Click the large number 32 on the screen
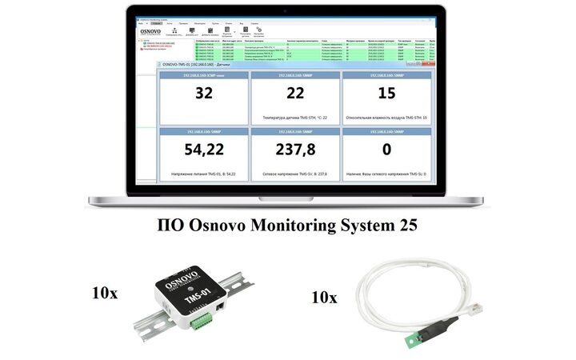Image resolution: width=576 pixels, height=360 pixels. click(204, 94)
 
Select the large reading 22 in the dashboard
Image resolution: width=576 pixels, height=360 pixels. click(295, 94)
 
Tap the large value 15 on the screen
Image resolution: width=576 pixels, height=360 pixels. click(387, 94)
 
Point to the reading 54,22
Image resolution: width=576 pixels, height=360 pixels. click(204, 150)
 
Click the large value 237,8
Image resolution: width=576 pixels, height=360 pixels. click(295, 150)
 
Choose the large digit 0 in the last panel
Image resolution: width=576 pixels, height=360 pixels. click(387, 150)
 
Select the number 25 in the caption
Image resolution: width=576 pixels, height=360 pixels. click(405, 227)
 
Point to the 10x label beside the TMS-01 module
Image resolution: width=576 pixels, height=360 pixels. click(105, 293)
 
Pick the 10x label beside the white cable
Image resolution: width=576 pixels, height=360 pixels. click(325, 298)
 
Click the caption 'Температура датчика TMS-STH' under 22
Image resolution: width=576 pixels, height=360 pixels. click(295, 118)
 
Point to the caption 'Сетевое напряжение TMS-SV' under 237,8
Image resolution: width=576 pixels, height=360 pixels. click(295, 173)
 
